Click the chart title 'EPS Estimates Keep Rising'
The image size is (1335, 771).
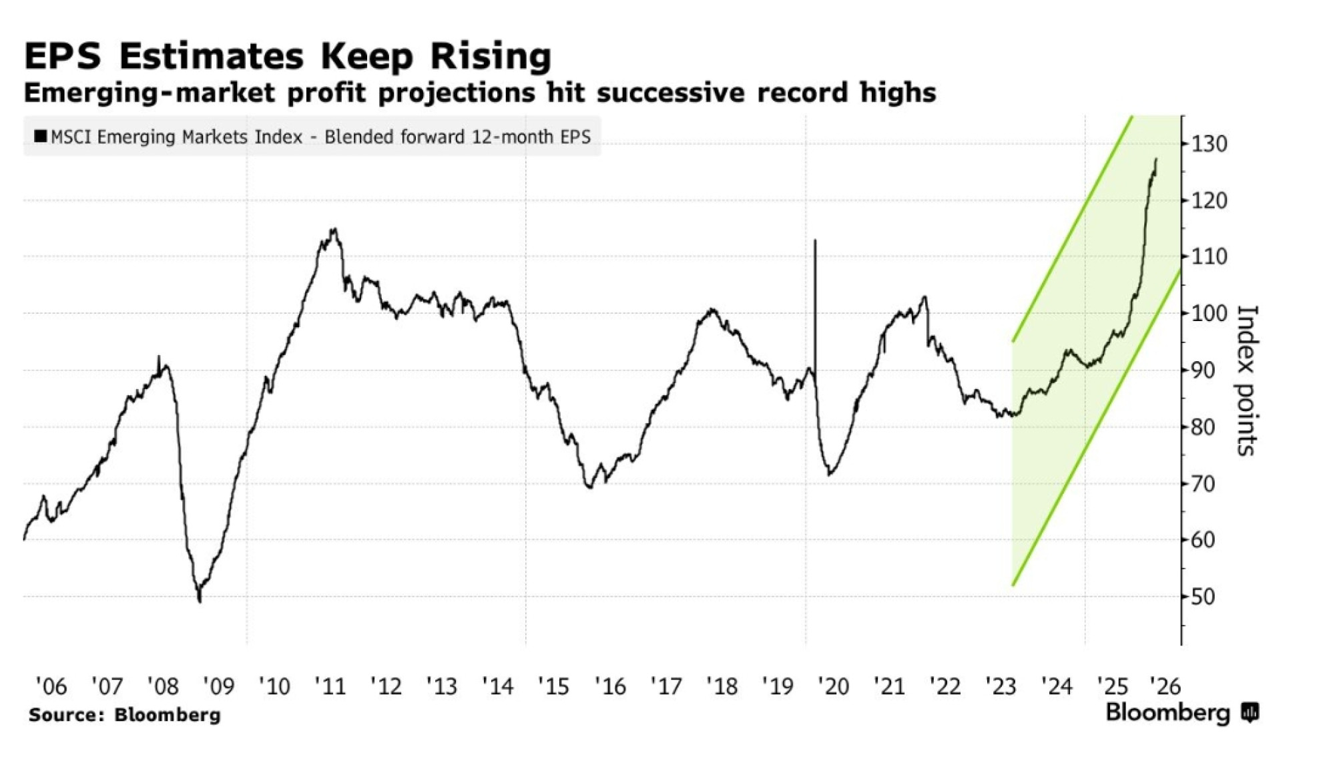tap(288, 55)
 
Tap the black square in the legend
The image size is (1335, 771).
tap(40, 136)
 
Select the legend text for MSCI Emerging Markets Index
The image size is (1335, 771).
tap(320, 137)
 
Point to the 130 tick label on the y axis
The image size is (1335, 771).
tap(1208, 144)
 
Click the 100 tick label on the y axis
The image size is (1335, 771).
tap(1208, 313)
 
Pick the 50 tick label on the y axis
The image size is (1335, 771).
tap(1202, 596)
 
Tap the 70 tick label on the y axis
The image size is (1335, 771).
tap(1202, 483)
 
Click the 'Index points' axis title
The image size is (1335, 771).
tap(1246, 380)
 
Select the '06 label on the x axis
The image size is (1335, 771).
tap(51, 686)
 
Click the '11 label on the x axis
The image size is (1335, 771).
tap(330, 686)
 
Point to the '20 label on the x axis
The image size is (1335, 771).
tap(832, 686)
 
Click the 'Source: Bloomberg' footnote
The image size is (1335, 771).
tap(125, 715)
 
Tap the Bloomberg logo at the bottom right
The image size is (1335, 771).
tap(1181, 713)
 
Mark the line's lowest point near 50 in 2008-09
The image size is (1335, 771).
tap(200, 601)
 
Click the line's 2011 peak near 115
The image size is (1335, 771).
tap(334, 230)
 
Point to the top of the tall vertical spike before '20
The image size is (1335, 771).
tap(815, 240)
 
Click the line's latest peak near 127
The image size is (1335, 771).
tap(1155, 160)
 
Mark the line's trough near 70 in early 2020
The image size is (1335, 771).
tap(829, 475)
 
